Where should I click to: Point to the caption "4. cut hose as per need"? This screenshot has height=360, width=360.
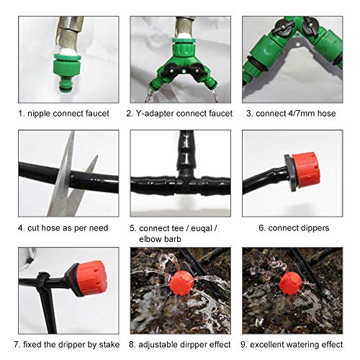63,228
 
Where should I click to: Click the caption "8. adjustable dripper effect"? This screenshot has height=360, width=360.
180,345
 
